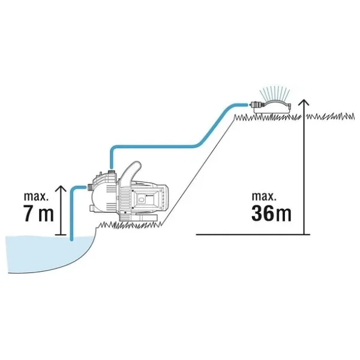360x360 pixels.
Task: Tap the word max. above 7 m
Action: click(36, 197)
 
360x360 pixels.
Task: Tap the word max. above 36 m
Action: click(264, 197)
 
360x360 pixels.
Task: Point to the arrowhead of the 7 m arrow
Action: click(61, 189)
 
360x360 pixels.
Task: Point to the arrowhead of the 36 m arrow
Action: click(304, 103)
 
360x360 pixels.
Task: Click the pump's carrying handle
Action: click(132, 172)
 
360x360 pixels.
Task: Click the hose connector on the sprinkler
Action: click(256, 105)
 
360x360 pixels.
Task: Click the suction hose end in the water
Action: click(72, 239)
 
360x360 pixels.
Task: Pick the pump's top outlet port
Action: click(111, 172)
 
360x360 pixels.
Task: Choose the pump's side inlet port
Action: click(90, 187)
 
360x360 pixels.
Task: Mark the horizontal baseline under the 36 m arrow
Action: click(253, 235)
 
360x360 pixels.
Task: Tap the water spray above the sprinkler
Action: click(274, 92)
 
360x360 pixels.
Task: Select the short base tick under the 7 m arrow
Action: click(61, 235)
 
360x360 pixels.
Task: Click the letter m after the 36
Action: click(283, 215)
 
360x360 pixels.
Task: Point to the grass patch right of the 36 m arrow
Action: click(331, 116)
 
